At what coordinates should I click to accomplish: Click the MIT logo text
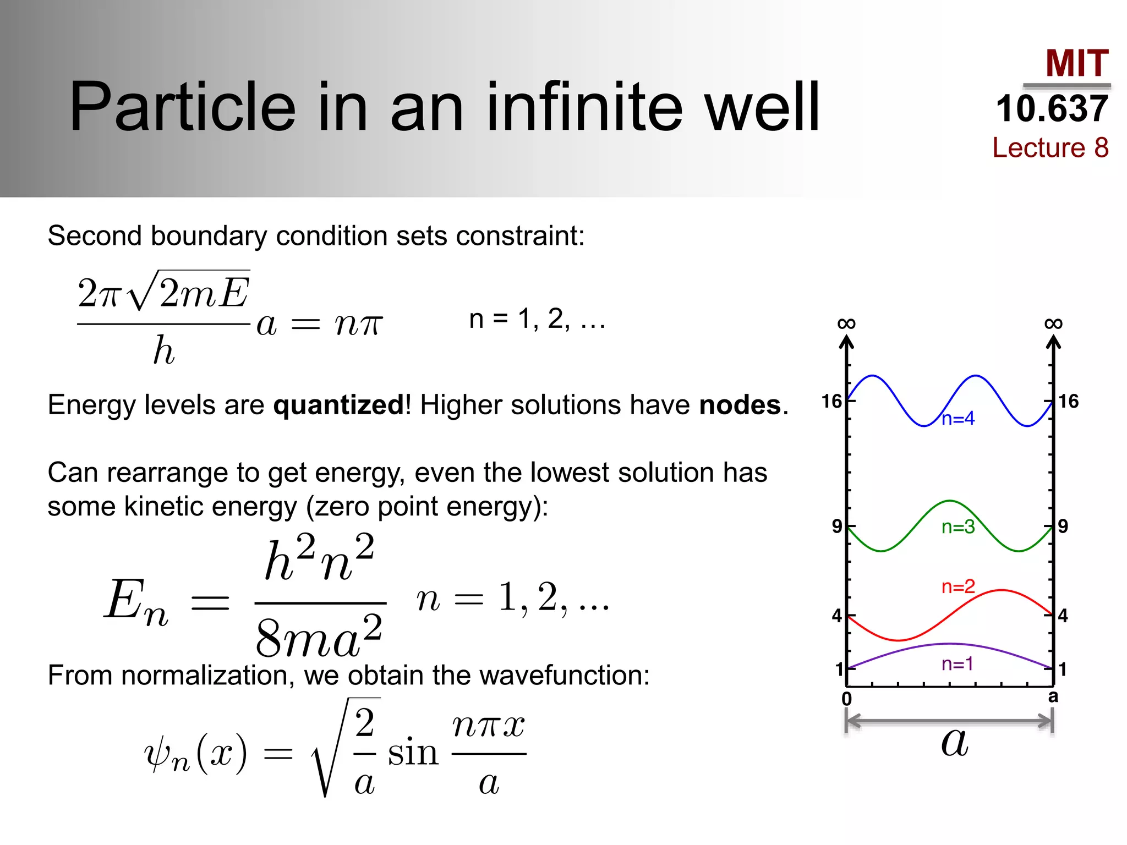[x=1076, y=63]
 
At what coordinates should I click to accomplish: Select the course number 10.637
[x=1052, y=108]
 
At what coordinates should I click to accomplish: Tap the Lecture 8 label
[x=1050, y=147]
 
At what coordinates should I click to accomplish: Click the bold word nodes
[x=740, y=405]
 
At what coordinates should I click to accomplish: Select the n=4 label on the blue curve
[x=958, y=419]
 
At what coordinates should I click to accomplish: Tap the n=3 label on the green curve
[x=958, y=527]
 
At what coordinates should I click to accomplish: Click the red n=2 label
[x=958, y=586]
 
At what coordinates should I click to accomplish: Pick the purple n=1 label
[x=957, y=664]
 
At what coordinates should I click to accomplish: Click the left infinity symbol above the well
[x=846, y=323]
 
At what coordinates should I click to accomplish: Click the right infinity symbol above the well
[x=1053, y=323]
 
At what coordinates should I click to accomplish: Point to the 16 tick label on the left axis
[x=831, y=402]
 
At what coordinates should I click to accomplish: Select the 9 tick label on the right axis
[x=1063, y=526]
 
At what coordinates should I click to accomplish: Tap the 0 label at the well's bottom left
[x=847, y=699]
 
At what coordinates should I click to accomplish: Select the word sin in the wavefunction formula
[x=413, y=753]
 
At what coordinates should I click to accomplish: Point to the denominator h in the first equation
[x=163, y=350]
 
